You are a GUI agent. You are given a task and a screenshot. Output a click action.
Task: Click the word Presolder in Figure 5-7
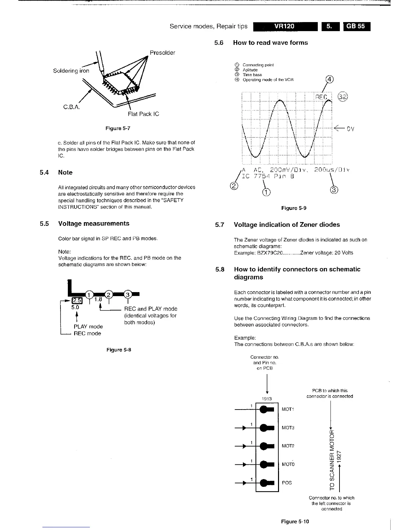[162, 53]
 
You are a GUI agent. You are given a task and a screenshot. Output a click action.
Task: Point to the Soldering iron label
[71, 71]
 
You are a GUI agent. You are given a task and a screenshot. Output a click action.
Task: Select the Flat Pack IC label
[143, 114]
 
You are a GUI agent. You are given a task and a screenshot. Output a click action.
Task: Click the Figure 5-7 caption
[118, 128]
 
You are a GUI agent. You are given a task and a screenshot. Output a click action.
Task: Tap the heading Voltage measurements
[94, 224]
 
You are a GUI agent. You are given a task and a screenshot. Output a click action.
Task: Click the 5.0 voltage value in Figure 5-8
[75, 307]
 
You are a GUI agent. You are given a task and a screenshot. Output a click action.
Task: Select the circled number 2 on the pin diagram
[109, 294]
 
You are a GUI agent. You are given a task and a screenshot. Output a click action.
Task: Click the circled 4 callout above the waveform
[329, 79]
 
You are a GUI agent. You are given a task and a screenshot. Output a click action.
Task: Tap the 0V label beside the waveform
[350, 129]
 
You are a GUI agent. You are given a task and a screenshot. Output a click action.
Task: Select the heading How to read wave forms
[270, 43]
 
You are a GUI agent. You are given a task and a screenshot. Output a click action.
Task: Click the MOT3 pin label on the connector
[288, 428]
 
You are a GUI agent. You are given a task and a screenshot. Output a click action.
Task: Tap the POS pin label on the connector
[287, 483]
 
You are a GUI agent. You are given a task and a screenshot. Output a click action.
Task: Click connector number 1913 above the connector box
[267, 399]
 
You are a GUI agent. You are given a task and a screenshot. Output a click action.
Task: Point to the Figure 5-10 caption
[295, 521]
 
